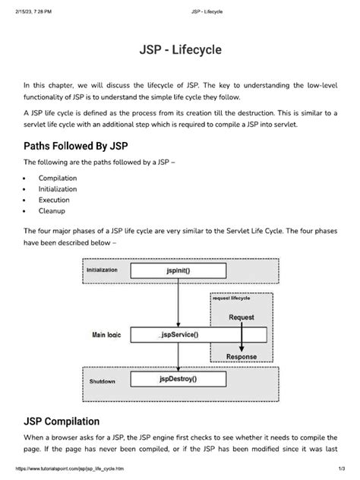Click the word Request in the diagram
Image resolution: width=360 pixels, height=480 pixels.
point(242,317)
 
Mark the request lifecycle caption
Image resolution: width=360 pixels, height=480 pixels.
point(232,299)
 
